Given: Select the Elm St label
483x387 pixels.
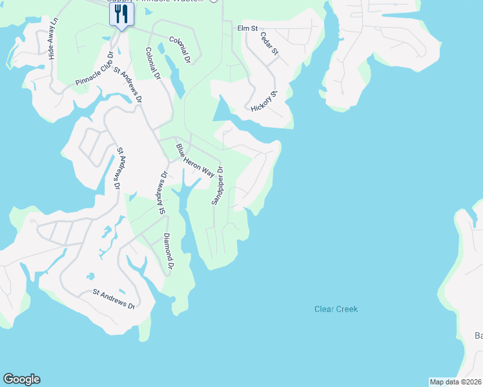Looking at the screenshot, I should pos(247,29).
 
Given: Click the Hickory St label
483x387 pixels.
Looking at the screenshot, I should pos(268,102).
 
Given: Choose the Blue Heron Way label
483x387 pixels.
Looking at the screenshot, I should pos(194,161).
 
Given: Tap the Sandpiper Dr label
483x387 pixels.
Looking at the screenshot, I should pos(218,186).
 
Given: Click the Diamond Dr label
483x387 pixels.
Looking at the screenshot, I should pos(168,251).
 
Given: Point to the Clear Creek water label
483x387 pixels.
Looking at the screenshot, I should pos(336,309).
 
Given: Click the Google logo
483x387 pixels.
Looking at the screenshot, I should pos(21,379).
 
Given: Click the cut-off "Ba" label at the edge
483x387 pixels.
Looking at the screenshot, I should pos(478,335).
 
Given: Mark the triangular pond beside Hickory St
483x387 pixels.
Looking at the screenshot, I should pos(222,110).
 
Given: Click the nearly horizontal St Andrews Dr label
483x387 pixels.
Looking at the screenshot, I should pos(113,297).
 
